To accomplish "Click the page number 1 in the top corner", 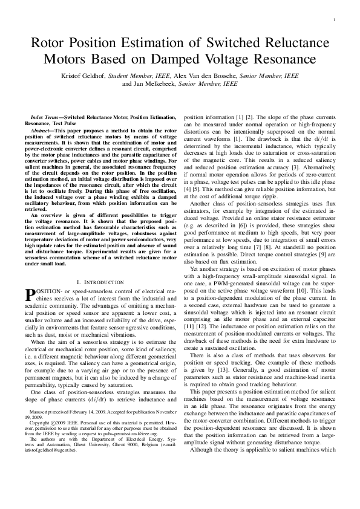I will pyautogui.click(x=334, y=21).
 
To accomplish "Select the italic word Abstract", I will pyautogui.click(x=40, y=126).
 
